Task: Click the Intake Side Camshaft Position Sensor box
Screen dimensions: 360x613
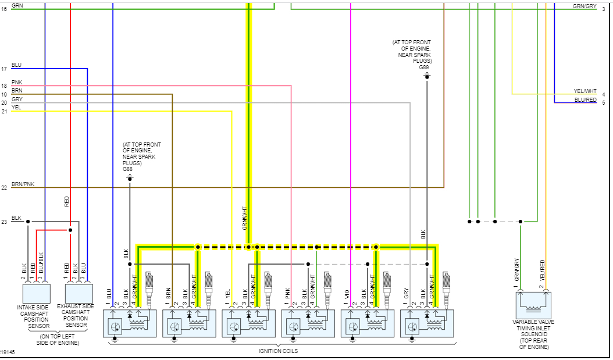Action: (x=35, y=293)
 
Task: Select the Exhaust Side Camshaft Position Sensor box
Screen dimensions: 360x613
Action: (x=78, y=293)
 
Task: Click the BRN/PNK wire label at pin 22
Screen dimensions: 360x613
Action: (x=23, y=184)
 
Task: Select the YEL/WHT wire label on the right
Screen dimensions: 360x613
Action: (x=585, y=91)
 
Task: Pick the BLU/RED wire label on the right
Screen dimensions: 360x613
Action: (x=585, y=99)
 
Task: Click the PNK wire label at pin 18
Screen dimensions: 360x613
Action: (x=17, y=83)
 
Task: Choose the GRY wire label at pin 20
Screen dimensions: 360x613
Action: (x=17, y=99)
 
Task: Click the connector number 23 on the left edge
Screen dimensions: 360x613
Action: (x=4, y=222)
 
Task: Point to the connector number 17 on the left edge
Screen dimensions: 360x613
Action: (x=4, y=69)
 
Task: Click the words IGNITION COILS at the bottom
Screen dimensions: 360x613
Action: (x=279, y=351)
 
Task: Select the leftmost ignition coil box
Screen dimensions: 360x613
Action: (x=130, y=323)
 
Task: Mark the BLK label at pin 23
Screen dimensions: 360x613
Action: (x=16, y=218)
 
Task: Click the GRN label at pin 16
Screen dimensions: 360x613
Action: (x=17, y=6)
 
